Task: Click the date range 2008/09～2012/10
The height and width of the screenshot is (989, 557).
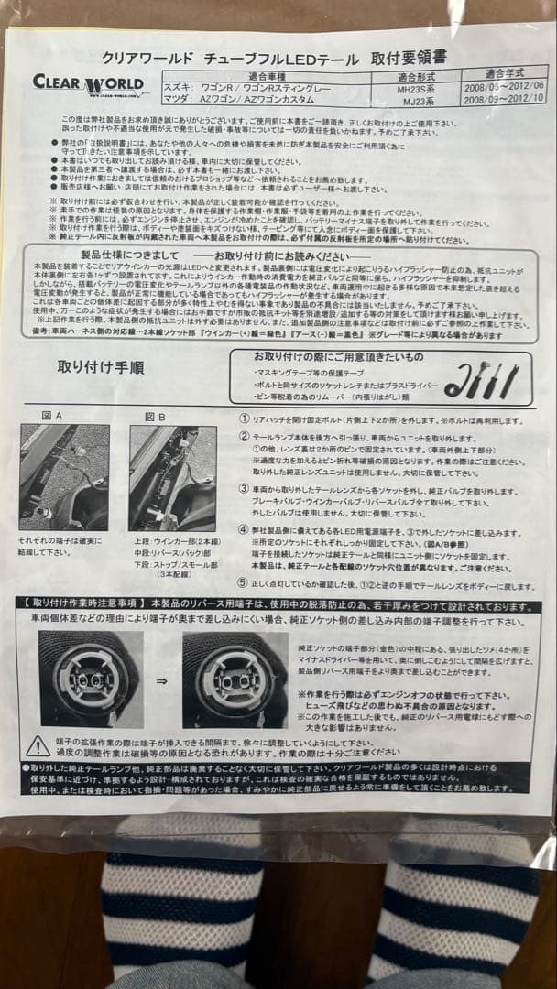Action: coord(505,100)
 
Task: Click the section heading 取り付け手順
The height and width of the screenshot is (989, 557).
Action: coord(101,368)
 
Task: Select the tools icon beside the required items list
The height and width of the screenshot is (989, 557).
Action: coord(481,380)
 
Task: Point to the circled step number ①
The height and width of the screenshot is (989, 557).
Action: coord(244,420)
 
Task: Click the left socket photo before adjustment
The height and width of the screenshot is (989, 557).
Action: coord(91,679)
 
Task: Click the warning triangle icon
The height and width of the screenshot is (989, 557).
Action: coord(38,746)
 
